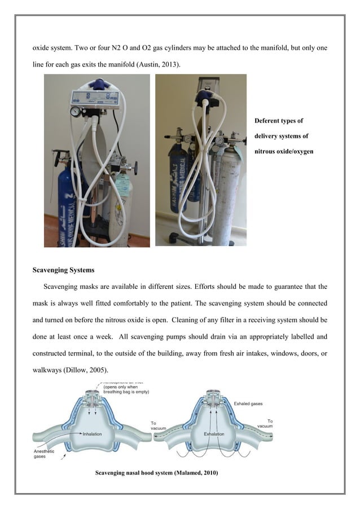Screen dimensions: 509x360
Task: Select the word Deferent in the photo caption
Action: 269,121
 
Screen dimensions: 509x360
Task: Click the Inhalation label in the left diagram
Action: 92,435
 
